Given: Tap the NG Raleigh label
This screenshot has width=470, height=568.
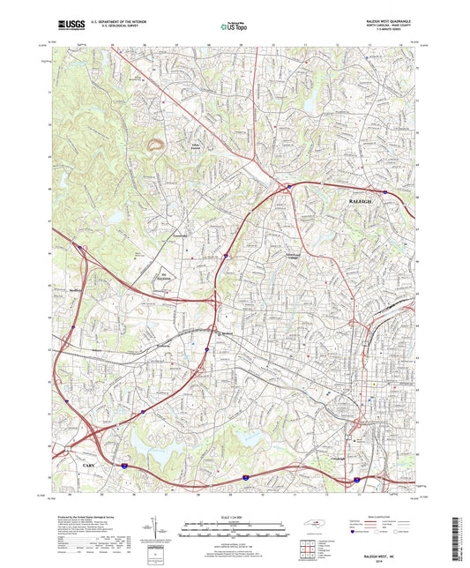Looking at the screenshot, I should point(164,275).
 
